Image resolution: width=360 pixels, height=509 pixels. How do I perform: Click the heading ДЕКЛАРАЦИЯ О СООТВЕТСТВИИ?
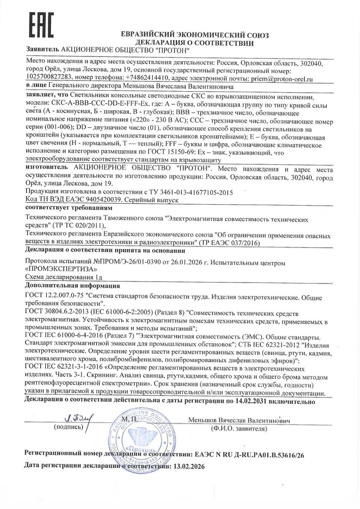click(x=195, y=43)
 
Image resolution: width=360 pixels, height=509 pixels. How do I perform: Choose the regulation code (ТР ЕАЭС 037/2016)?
click(x=229, y=243)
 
